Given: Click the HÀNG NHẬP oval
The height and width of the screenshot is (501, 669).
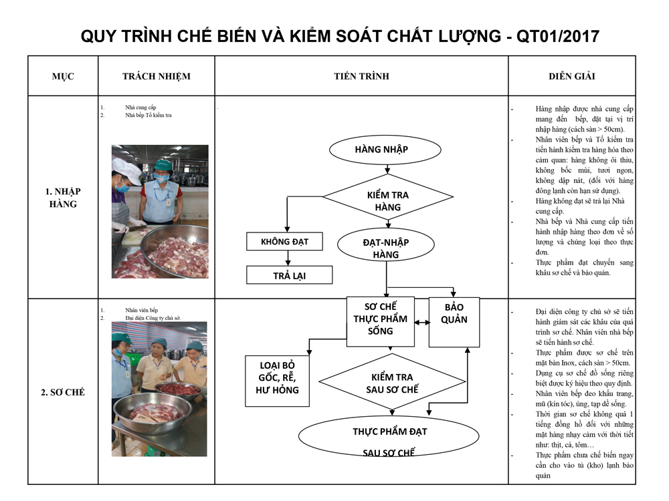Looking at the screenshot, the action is point(385,150).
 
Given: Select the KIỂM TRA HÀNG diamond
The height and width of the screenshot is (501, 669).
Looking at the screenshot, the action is point(387,197).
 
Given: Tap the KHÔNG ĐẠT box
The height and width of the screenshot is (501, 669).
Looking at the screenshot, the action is point(284,242).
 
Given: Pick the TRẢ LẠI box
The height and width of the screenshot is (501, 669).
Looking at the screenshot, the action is point(289,275).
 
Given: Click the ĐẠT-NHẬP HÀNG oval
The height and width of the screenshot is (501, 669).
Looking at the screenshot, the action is point(386,245).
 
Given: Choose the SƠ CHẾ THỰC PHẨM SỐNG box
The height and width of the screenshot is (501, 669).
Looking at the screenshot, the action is point(380,322).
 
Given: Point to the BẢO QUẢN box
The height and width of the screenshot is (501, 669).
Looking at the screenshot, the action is point(454,322).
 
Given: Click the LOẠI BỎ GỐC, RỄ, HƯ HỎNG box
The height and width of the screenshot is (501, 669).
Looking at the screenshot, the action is point(278,381).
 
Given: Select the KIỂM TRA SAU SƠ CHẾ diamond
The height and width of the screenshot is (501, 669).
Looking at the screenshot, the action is point(392,382).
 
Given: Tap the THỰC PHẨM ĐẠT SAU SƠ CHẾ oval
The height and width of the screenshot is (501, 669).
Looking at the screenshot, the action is point(389,436).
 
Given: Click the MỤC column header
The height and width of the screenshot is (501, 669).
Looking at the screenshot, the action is point(63,76).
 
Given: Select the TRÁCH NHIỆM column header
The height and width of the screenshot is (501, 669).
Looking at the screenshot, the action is point(157,76).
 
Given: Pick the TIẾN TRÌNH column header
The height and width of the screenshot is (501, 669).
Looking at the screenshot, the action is point(361,76).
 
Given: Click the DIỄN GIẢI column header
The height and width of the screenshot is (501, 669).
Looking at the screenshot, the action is point(572,76).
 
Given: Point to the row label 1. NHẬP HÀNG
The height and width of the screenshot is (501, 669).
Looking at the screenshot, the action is point(63,198).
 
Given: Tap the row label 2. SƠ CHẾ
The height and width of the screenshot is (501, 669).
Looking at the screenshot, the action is point(63,392).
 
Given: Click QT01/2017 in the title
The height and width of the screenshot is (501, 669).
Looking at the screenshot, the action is point(558,36).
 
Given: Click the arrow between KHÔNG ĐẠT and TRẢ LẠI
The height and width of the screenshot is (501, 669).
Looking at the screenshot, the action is point(288,258).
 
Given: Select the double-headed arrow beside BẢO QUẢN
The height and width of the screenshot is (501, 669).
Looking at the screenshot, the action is point(422,323).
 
